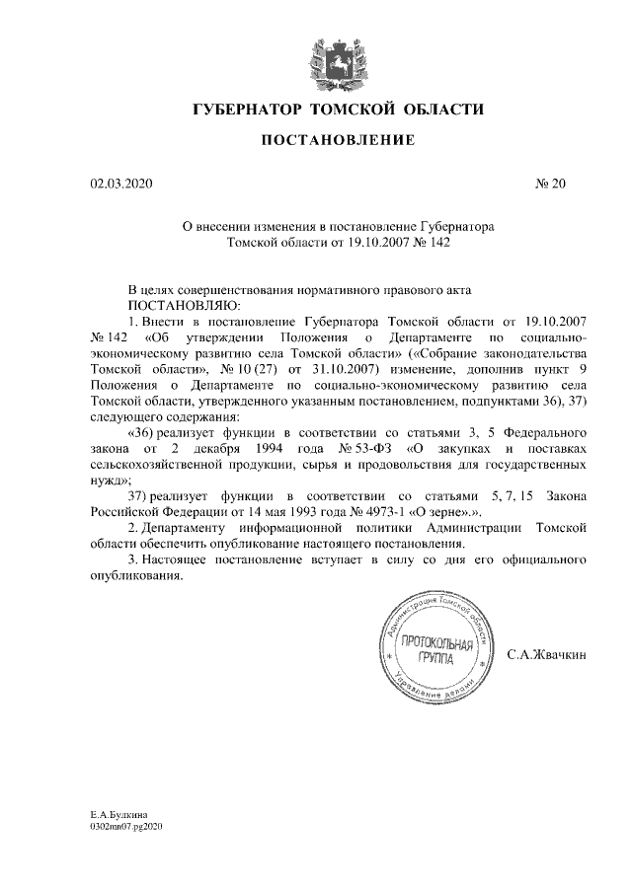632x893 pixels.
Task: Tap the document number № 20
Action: coord(550,183)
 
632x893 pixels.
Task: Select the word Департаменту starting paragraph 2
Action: coord(189,527)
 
